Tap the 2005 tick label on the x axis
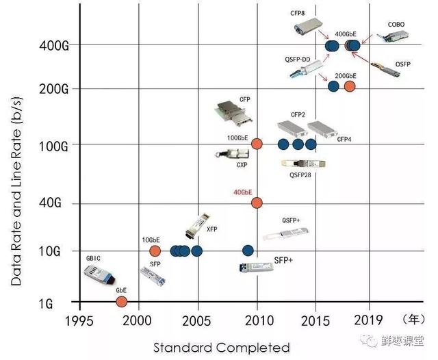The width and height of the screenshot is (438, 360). click(x=197, y=320)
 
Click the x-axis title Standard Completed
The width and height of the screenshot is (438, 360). click(x=221, y=347)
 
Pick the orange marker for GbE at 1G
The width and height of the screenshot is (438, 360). click(x=122, y=302)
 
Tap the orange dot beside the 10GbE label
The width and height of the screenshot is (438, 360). click(x=155, y=250)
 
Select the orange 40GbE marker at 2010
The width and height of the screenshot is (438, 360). click(x=257, y=203)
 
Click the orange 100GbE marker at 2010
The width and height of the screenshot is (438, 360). click(x=257, y=144)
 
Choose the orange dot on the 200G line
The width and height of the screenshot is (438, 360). click(x=349, y=86)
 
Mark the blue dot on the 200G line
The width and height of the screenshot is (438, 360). click(x=333, y=86)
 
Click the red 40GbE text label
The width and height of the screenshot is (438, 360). click(x=243, y=192)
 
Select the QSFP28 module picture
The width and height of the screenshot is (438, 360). click(x=303, y=164)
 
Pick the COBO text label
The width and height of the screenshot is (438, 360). click(x=396, y=25)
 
